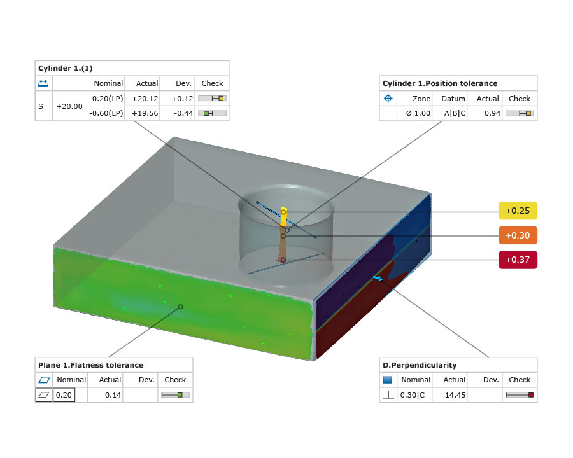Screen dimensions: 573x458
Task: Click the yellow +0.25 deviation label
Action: tap(518, 211)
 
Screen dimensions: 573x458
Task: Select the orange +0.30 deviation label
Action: tap(518, 235)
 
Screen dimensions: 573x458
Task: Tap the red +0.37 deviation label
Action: tap(518, 260)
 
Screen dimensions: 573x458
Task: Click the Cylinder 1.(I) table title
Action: tap(66, 68)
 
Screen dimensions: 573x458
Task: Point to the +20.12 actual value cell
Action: tap(145, 99)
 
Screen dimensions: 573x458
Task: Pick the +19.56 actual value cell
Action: tap(145, 114)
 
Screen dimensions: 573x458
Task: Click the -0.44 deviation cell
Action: tap(183, 114)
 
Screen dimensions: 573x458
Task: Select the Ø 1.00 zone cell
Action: tap(418, 114)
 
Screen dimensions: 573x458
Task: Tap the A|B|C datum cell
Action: tap(455, 114)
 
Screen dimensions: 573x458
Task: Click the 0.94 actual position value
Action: tap(492, 114)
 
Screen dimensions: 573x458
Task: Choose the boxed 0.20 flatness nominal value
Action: tap(64, 395)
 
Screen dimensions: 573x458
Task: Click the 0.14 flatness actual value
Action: tap(113, 395)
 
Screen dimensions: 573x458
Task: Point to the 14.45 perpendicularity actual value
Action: tap(455, 395)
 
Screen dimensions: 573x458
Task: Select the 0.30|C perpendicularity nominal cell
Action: tap(413, 395)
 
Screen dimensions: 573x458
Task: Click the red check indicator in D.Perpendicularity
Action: tap(531, 395)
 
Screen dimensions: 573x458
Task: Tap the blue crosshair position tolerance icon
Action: tap(388, 98)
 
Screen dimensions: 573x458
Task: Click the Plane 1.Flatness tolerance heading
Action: tap(90, 365)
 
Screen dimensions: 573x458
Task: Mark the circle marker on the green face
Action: tap(180, 307)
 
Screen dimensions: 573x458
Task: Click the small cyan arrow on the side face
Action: tap(378, 279)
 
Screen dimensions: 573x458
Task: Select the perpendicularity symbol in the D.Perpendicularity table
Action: tap(388, 395)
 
